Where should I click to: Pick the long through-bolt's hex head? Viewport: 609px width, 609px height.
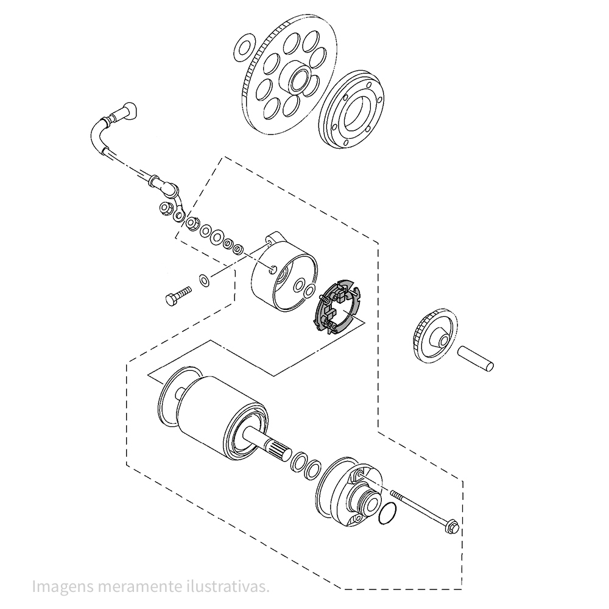(x=453, y=527)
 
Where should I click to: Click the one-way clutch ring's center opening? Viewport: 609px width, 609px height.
(x=355, y=109)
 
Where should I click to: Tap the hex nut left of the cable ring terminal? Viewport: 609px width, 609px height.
(x=166, y=208)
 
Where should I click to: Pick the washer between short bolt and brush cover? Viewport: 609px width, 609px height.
(x=204, y=280)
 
